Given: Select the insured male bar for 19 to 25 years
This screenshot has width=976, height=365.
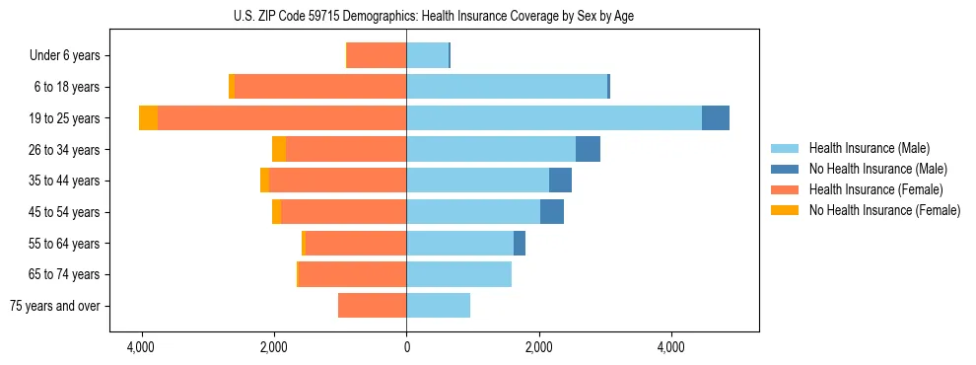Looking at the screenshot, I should click(x=553, y=118).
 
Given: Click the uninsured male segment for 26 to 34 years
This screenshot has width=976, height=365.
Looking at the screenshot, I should click(x=588, y=149).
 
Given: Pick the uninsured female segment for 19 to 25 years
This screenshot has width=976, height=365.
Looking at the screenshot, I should click(x=148, y=118).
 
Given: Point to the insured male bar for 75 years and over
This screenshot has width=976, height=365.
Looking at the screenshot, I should click(x=438, y=306).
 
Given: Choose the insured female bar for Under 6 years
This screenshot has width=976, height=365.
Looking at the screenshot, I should click(x=376, y=56).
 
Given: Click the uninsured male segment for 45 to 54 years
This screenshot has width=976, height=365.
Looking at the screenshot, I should click(x=552, y=212).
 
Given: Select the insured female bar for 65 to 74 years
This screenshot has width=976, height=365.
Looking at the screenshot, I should click(x=352, y=274).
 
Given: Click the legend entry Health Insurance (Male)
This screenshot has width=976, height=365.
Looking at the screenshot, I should click(x=869, y=148).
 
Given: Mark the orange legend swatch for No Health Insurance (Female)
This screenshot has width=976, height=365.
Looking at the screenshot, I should click(x=786, y=210).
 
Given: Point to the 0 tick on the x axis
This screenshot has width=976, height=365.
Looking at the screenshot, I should click(x=406, y=347).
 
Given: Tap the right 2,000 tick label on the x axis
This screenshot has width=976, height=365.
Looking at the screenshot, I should click(x=538, y=347).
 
